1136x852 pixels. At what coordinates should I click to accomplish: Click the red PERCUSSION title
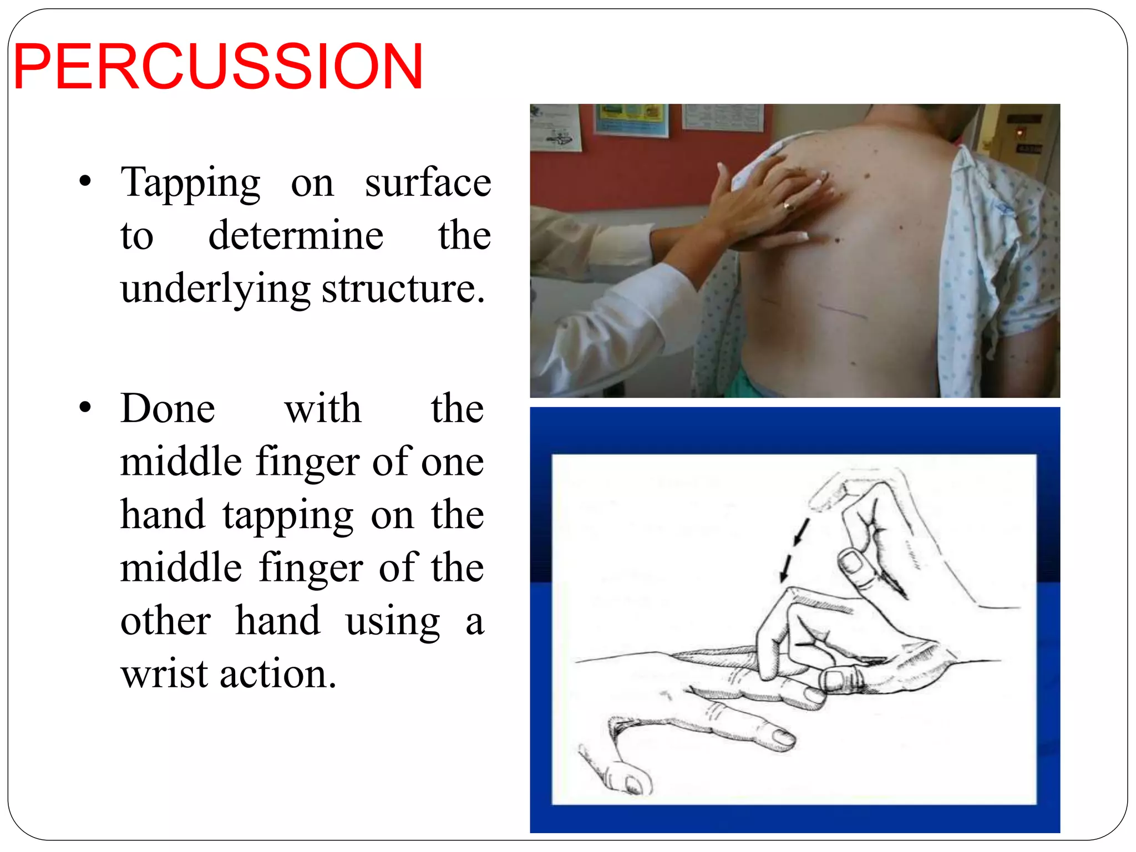coord(218,67)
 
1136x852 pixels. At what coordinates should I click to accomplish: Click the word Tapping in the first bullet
coord(190,184)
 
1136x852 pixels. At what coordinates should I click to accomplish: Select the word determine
coord(296,235)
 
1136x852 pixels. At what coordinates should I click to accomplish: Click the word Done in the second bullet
coord(168,409)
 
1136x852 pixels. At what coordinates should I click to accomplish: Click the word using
coord(393,622)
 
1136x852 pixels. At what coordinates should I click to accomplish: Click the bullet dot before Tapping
coord(84,181)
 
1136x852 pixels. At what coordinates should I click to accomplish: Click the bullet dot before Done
coord(84,408)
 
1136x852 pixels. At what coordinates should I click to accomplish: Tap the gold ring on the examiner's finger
coord(788,207)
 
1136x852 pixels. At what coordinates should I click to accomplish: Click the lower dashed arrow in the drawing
coord(785,568)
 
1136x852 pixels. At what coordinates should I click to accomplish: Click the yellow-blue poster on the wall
coord(631,119)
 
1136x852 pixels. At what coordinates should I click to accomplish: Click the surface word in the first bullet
coord(428,182)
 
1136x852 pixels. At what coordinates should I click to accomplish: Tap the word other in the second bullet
coord(165,621)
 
